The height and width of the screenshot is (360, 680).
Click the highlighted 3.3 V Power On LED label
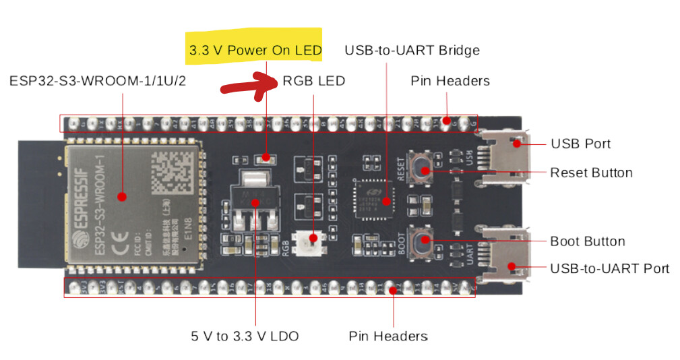coord(255,51)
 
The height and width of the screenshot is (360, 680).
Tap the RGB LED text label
coord(313,81)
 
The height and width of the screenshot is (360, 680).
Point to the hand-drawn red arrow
coord(249,86)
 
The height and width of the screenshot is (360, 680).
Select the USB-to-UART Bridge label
coord(412,51)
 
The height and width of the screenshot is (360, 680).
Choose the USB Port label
coord(580,144)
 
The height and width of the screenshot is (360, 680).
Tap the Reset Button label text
coord(591,173)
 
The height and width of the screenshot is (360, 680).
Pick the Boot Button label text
coord(587,241)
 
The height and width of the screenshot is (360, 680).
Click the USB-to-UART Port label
coord(609,268)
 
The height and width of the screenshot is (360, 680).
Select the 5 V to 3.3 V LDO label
coord(245,335)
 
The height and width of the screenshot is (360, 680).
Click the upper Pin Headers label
coord(450,81)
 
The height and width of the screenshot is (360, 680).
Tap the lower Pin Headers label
coord(388,335)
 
